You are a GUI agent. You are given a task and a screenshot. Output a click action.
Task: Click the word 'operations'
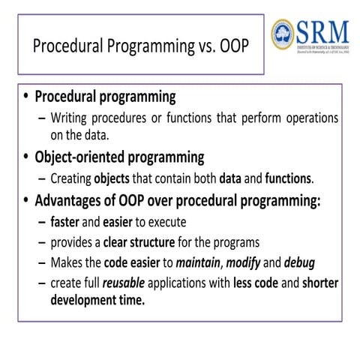click(308, 118)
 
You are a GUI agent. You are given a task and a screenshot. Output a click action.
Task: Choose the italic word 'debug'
click(313, 264)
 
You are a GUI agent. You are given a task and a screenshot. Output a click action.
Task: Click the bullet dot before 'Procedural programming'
click(27, 97)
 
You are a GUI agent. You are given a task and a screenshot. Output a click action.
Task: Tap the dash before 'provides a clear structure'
click(41, 243)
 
